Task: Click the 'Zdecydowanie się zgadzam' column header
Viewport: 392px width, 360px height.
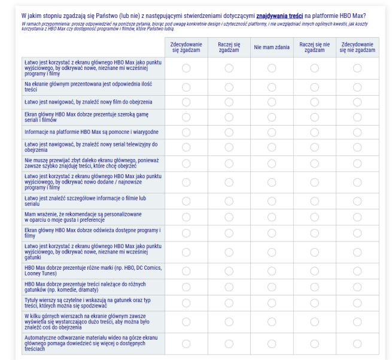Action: point(186,47)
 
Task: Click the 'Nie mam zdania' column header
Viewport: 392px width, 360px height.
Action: point(272,47)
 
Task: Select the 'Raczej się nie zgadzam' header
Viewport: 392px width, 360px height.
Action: point(314,47)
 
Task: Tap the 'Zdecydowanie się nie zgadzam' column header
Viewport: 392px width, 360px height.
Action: point(357,47)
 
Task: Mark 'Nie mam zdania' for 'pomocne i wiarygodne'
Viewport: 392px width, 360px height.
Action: point(272,132)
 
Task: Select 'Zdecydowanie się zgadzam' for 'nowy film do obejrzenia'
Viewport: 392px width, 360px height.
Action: point(186,102)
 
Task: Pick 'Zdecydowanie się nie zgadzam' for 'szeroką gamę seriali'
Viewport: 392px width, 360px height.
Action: point(357,116)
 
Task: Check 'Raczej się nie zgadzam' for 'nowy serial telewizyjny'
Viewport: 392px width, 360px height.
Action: point(314,147)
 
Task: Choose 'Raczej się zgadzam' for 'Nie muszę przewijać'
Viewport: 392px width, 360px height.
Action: point(229,163)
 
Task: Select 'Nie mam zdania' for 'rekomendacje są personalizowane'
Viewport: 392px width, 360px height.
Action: point(272,216)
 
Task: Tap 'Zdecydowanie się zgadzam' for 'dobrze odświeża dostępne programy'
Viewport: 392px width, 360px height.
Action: point(186,233)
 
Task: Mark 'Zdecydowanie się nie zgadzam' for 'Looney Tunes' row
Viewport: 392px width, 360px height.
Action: point(357,270)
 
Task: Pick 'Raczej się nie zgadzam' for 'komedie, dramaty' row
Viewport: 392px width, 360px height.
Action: point(314,286)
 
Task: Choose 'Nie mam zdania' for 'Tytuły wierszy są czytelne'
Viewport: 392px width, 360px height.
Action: point(272,303)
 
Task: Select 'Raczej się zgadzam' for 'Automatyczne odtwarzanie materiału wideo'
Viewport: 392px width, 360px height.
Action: point(229,343)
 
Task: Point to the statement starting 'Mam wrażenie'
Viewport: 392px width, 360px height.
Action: point(83,216)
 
